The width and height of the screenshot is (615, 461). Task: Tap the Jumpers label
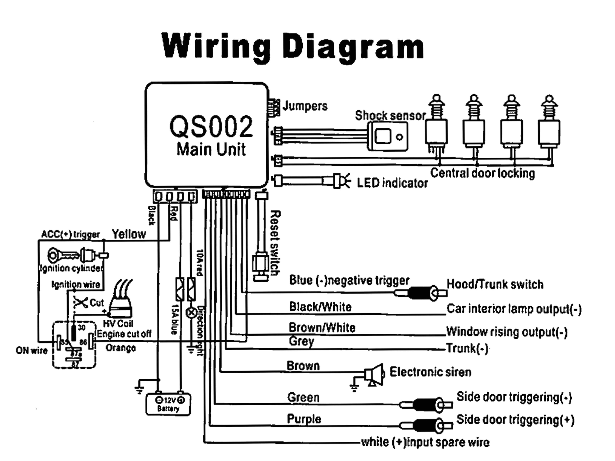tap(305, 106)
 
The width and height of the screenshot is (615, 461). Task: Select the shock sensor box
tap(388, 136)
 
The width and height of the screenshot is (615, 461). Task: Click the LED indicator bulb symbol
tap(341, 181)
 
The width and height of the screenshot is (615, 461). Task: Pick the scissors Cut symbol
tap(81, 302)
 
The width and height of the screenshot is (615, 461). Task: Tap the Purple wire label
tap(304, 419)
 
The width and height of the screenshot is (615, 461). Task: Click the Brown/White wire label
tap(322, 328)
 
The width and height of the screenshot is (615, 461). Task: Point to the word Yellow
tap(129, 234)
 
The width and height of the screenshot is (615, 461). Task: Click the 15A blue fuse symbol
tap(180, 289)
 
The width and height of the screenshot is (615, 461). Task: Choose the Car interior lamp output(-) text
tap(514, 309)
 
